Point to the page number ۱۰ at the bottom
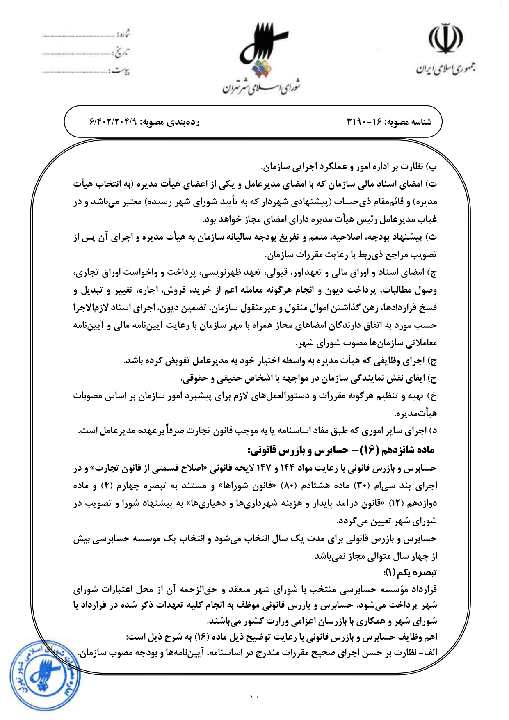coord(255,697)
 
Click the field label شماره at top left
coord(123,33)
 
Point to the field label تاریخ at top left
coord(121,52)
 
